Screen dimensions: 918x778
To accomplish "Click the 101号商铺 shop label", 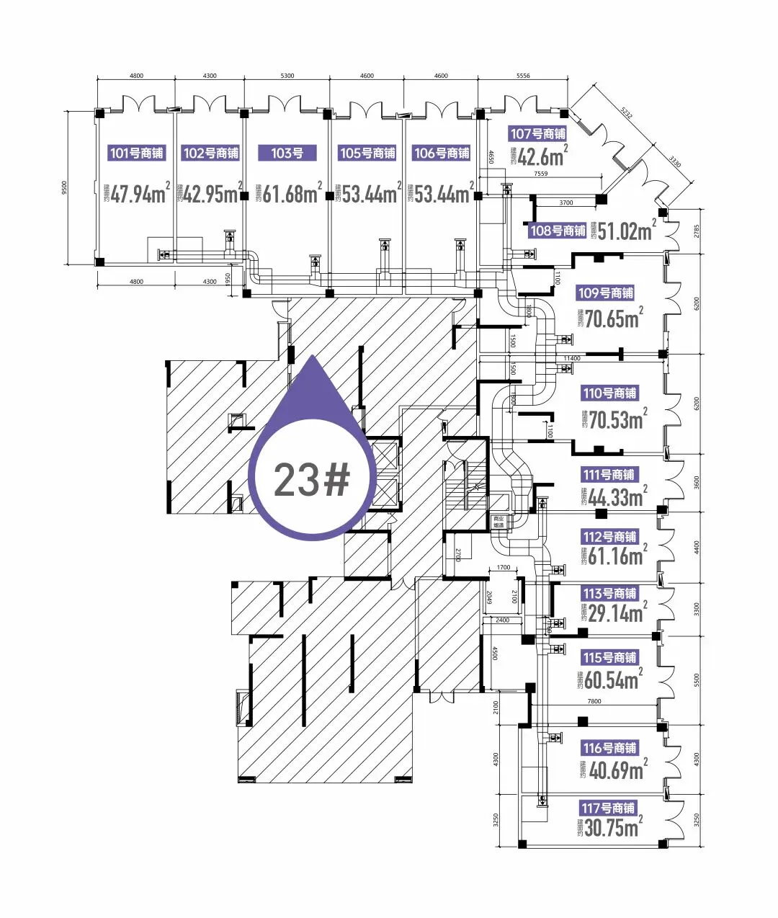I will tap(137, 153).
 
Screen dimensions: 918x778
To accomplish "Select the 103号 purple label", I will tap(287, 153).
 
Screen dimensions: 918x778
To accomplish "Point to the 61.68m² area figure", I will tap(290, 194).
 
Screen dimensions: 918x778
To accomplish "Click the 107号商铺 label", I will tap(537, 133).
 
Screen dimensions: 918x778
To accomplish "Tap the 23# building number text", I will tap(311, 480).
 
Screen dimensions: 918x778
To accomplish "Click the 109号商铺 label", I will tap(605, 293).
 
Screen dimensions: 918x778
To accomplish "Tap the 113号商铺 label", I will tap(609, 593).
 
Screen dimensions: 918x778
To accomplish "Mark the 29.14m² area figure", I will tap(613, 613).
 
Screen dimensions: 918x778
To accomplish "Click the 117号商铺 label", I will tap(609, 808).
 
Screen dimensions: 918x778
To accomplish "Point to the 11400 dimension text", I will tap(571, 358).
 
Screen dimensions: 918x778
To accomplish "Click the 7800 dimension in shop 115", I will tap(594, 701).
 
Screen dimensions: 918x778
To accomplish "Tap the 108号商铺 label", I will tap(557, 231).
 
